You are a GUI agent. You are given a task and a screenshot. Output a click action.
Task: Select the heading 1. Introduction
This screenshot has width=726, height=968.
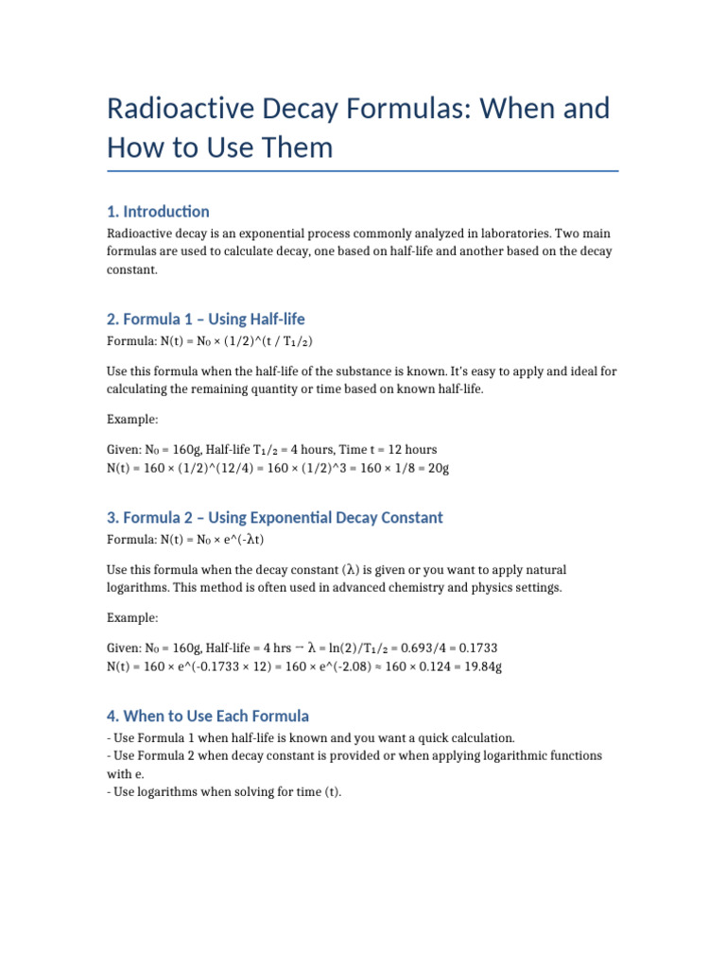click(x=158, y=211)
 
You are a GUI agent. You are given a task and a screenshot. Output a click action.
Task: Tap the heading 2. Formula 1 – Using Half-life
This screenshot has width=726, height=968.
click(x=205, y=320)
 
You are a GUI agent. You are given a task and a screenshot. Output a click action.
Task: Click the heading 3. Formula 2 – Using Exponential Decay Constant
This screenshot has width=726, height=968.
click(x=274, y=517)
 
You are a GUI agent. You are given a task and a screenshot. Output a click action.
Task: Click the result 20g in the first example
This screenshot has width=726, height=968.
click(x=438, y=469)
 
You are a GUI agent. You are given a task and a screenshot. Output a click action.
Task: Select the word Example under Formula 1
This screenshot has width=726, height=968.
click(x=132, y=419)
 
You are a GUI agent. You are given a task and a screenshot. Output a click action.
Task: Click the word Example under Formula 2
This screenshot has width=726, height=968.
click(x=132, y=617)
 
